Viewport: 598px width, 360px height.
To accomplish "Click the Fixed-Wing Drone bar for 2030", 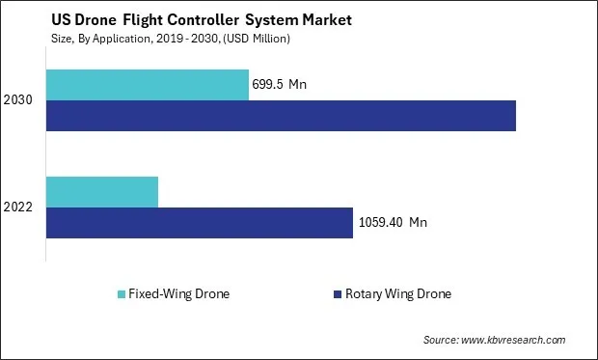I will [147, 85].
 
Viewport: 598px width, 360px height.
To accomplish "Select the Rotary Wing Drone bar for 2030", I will [281, 116].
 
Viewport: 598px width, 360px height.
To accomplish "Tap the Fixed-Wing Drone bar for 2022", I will [102, 192].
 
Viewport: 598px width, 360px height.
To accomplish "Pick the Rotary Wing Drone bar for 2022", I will [200, 223].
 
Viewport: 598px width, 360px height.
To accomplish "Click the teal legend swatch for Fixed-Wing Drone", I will [121, 294].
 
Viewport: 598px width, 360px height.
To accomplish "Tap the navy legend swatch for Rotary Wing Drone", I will [337, 294].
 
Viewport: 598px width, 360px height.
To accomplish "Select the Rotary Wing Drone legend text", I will [397, 294].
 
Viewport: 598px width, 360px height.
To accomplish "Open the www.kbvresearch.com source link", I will [514, 341].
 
